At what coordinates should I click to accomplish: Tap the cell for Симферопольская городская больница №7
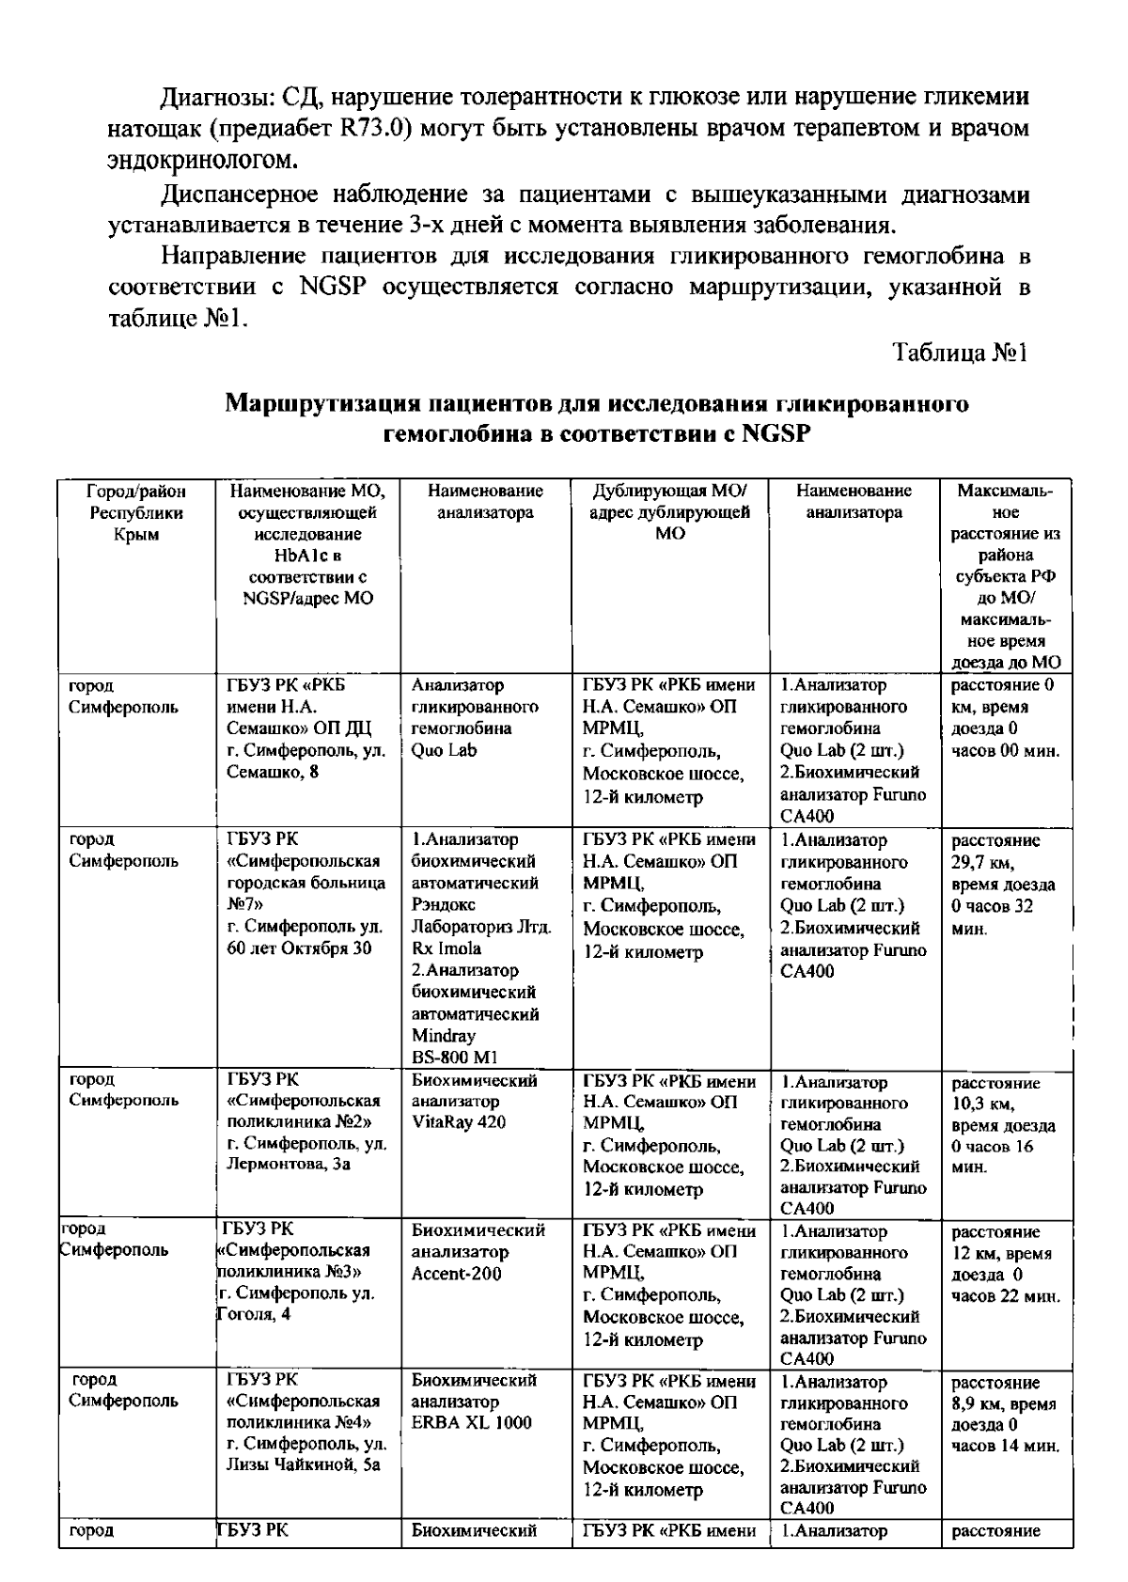(305, 894)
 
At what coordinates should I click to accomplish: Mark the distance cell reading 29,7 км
(1005, 884)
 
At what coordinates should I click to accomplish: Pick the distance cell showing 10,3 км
(1005, 1124)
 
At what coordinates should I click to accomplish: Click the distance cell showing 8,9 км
(1005, 1414)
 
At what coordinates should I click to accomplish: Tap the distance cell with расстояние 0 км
(1005, 718)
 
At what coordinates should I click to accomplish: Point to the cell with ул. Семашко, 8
(305, 728)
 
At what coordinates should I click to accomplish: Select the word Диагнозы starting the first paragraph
(216, 97)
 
